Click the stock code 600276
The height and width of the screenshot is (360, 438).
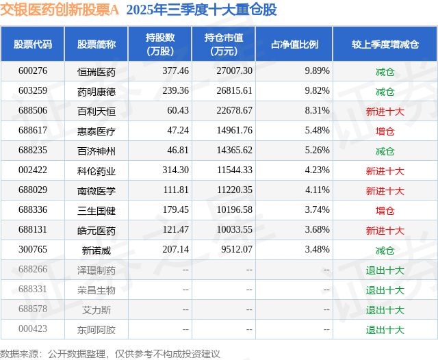point(33,71)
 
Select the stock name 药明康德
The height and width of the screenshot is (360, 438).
point(96,91)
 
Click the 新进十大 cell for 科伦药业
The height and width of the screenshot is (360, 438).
point(385,170)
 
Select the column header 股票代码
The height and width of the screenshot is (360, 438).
point(33,44)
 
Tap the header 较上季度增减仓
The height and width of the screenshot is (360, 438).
point(385,44)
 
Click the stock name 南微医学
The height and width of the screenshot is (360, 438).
point(96,190)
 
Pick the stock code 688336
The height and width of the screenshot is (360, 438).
point(33,210)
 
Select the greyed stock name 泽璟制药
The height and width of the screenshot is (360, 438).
point(96,270)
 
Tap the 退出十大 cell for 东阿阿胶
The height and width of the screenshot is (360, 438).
point(385,329)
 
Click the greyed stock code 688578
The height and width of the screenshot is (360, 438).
point(33,309)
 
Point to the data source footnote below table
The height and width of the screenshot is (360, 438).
point(110,353)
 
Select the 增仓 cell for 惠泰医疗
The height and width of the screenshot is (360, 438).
point(385,131)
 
